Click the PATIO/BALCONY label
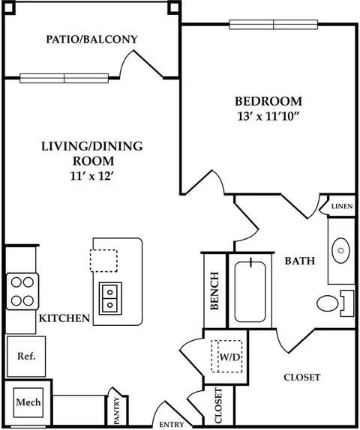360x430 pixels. point(91,40)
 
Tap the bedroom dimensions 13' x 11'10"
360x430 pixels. point(268,117)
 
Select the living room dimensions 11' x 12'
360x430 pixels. point(91,176)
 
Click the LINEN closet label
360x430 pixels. point(342,206)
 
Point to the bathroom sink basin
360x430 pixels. point(340,250)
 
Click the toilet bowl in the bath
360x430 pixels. point(328,303)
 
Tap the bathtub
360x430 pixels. point(250,291)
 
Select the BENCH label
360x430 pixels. point(214,291)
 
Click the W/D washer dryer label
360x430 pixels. point(229,357)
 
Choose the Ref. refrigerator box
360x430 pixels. point(26,357)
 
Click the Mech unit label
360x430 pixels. point(28,402)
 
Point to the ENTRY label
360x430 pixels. point(172,425)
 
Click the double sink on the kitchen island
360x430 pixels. point(110,298)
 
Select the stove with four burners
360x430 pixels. point(22,291)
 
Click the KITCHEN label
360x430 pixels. point(64,318)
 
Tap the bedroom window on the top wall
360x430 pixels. point(274,25)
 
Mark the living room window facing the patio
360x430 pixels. point(64,79)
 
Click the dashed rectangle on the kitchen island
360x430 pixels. point(103,261)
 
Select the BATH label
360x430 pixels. point(300,261)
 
